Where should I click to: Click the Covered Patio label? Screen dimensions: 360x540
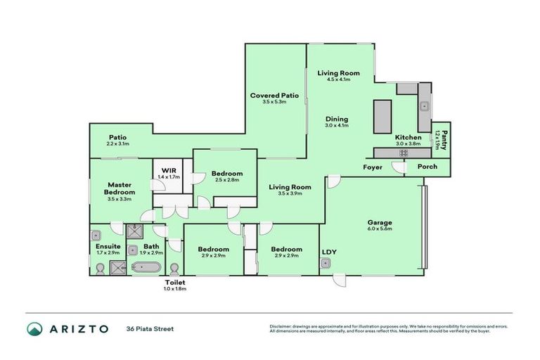(x=275, y=95)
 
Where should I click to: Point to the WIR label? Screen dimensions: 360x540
(x=169, y=170)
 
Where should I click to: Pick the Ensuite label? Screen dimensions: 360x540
(x=108, y=246)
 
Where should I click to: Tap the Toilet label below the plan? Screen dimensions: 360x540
(x=175, y=282)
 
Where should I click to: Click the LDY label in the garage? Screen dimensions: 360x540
(x=329, y=251)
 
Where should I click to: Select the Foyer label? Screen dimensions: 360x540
(x=373, y=167)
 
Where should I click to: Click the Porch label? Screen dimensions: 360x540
(x=427, y=167)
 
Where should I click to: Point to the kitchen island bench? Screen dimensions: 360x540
(x=382, y=116)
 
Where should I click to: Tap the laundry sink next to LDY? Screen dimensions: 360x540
(x=326, y=264)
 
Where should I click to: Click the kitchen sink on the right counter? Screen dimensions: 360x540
(x=424, y=107)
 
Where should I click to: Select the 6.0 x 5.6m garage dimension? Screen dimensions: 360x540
(x=379, y=229)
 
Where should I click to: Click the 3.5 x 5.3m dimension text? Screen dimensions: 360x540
(x=275, y=102)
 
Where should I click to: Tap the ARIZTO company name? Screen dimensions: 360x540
(x=77, y=328)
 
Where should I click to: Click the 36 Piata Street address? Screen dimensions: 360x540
(x=150, y=328)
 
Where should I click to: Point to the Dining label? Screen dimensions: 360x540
(x=337, y=119)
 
